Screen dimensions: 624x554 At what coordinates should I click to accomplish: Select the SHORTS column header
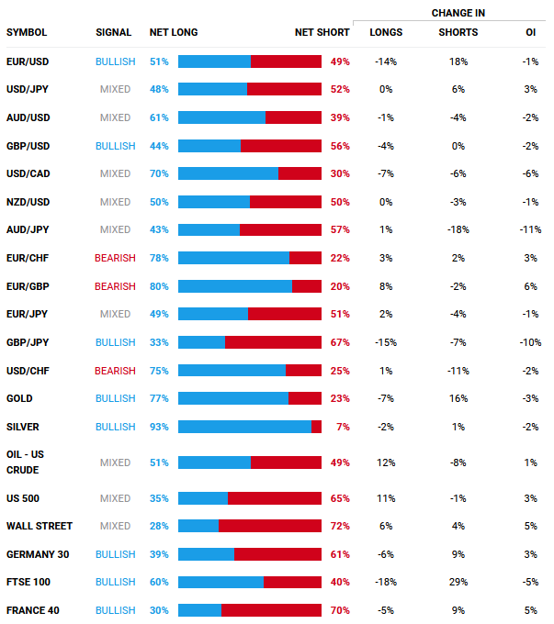click(x=458, y=33)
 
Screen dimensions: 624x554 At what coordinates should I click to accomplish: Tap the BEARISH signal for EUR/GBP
click(x=115, y=286)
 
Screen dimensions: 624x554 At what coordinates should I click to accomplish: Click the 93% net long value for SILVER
click(x=159, y=427)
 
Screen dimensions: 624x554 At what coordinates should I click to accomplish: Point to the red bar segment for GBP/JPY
click(x=273, y=342)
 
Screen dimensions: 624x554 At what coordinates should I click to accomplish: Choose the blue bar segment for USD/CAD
click(x=228, y=173)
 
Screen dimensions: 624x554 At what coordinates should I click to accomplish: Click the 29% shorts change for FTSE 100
click(x=458, y=583)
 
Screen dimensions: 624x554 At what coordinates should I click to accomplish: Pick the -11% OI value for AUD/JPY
click(x=530, y=230)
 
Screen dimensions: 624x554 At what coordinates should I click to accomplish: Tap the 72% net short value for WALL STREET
click(x=339, y=527)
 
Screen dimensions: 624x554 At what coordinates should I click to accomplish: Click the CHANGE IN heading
click(x=458, y=13)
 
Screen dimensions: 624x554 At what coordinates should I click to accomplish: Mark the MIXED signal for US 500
click(x=115, y=498)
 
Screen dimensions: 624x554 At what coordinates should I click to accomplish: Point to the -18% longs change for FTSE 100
click(x=386, y=583)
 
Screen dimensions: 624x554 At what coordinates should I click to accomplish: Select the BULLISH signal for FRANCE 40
click(x=115, y=611)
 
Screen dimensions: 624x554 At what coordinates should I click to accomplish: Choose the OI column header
click(x=530, y=33)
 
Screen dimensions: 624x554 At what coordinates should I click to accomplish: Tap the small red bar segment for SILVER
click(x=316, y=427)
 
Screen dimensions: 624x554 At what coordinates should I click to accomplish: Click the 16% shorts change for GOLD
click(x=458, y=398)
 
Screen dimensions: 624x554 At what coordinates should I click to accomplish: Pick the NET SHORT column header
click(x=322, y=33)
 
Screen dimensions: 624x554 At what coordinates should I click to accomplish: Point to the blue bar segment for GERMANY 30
click(x=206, y=554)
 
